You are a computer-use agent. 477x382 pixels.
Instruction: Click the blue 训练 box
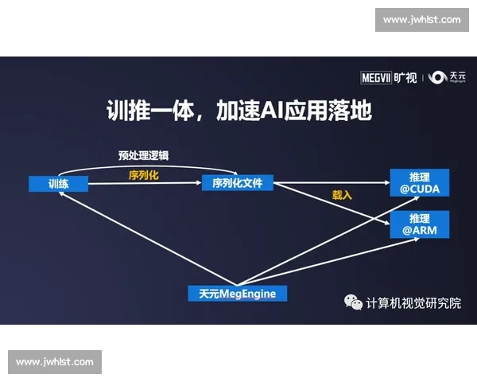click(x=58, y=184)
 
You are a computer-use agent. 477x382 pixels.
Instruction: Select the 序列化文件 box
click(x=238, y=184)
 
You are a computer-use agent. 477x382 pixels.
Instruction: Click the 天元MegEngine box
click(x=238, y=293)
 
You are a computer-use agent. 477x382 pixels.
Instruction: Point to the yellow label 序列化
click(x=144, y=175)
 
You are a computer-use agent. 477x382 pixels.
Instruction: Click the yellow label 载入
click(x=342, y=195)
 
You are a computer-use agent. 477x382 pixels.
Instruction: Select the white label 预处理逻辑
click(x=143, y=155)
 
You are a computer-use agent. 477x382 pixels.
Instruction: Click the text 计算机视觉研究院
click(x=413, y=303)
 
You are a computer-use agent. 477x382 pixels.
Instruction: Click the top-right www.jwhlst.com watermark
click(x=421, y=20)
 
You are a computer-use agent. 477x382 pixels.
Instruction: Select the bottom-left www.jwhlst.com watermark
click(x=55, y=362)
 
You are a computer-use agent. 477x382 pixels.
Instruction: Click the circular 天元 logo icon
click(x=437, y=77)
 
